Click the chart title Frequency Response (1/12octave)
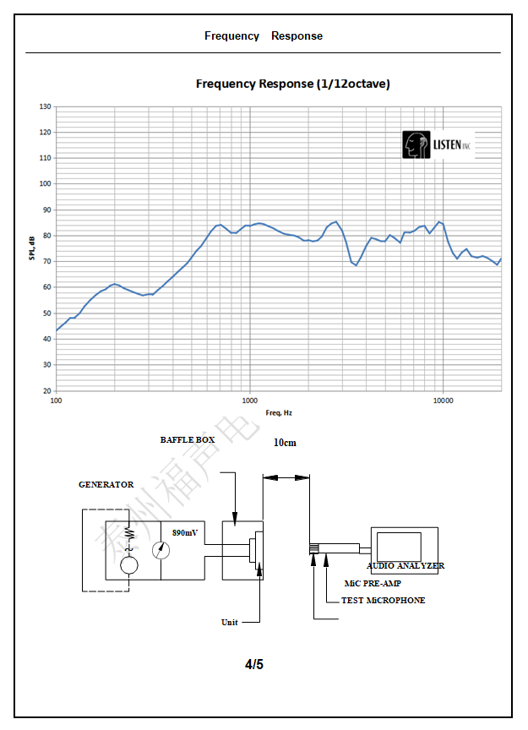click(292, 84)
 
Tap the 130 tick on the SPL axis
click(46, 107)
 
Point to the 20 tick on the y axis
click(46, 391)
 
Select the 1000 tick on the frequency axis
click(249, 400)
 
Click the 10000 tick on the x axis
click(443, 400)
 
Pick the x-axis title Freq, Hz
click(278, 412)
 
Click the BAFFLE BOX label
click(188, 440)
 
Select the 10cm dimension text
click(285, 443)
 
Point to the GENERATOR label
click(106, 485)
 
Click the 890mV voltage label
click(185, 534)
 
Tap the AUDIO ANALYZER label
click(405, 566)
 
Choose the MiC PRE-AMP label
click(373, 583)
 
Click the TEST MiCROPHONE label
click(383, 601)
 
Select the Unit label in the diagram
click(229, 623)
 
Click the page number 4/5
click(254, 664)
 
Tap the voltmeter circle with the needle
click(161, 550)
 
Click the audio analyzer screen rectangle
click(399, 547)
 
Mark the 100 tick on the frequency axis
click(57, 400)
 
